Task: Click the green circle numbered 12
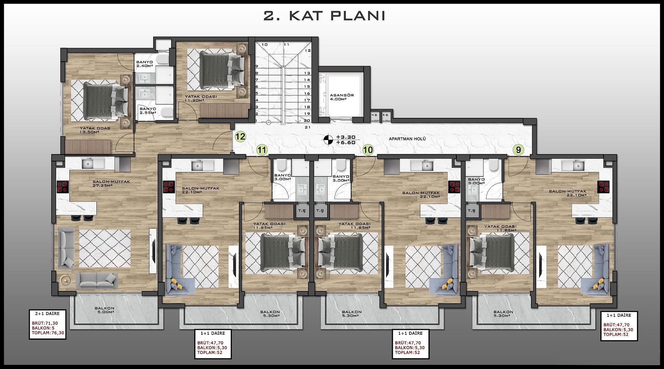pyautogui.click(x=240, y=136)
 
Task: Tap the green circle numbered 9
pyautogui.click(x=518, y=150)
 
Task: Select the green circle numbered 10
pyautogui.click(x=368, y=150)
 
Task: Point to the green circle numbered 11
pyautogui.click(x=262, y=150)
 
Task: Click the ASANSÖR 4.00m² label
pyautogui.click(x=342, y=97)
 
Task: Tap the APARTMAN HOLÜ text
pyautogui.click(x=407, y=139)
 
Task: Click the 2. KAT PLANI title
pyautogui.click(x=324, y=16)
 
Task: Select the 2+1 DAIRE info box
pyautogui.click(x=47, y=324)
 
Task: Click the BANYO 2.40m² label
pyautogui.click(x=145, y=64)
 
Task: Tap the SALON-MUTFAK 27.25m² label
pyautogui.click(x=111, y=184)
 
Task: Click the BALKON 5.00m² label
pyautogui.click(x=104, y=310)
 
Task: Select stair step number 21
pyautogui.click(x=307, y=127)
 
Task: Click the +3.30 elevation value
pyautogui.click(x=343, y=137)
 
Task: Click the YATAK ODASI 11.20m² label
pyautogui.click(x=201, y=99)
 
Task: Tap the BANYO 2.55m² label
pyautogui.click(x=148, y=111)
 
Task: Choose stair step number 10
pyautogui.click(x=265, y=45)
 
